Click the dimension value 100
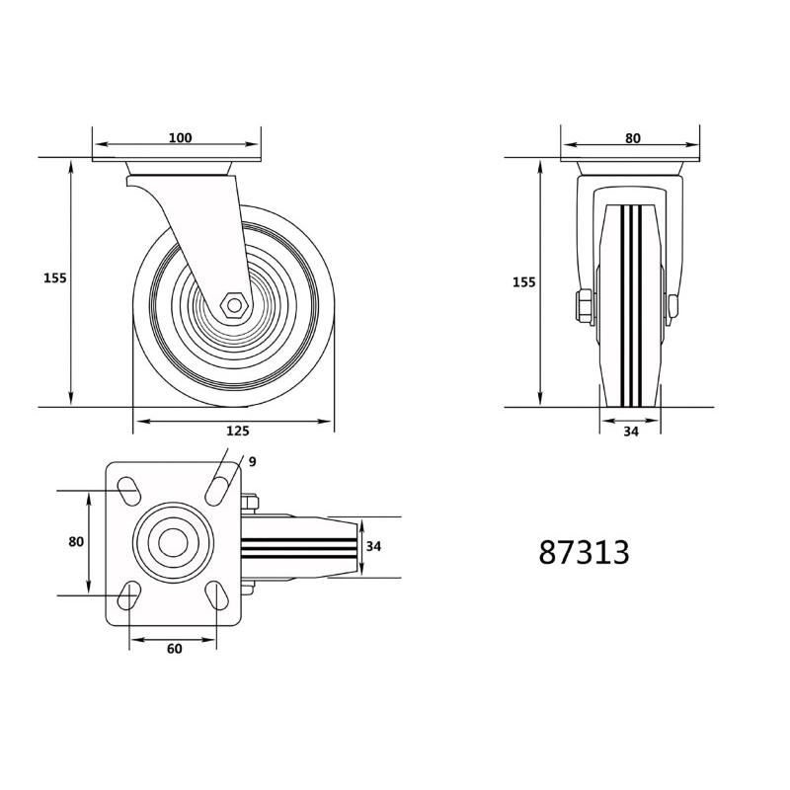[x=180, y=138]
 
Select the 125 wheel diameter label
[x=237, y=431]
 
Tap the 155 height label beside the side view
[x=54, y=278]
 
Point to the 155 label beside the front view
[x=523, y=282]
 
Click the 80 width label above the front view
[x=633, y=138]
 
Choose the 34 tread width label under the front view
[x=632, y=431]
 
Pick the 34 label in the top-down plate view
[x=373, y=546]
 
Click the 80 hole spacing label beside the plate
[x=76, y=542]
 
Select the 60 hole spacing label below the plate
[x=174, y=649]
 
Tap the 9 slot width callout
[x=252, y=461]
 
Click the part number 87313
[x=584, y=552]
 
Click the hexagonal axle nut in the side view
[x=234, y=303]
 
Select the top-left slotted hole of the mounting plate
[x=128, y=490]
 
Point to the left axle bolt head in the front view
[x=583, y=306]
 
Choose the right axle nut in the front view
[x=674, y=306]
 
